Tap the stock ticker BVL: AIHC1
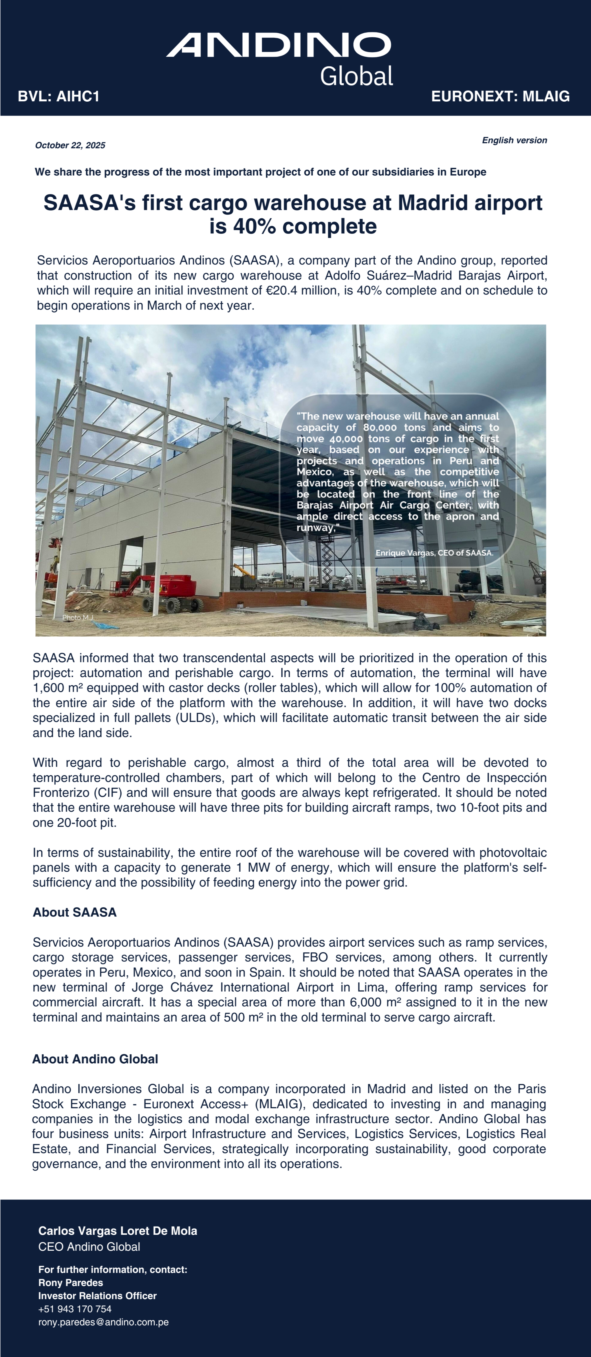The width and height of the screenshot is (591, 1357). (58, 96)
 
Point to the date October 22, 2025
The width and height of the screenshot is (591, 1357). (70, 145)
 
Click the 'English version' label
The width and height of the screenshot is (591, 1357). (514, 140)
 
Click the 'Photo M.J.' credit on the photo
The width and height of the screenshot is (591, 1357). (77, 617)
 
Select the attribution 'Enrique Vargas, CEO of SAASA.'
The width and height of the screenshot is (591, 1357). (434, 553)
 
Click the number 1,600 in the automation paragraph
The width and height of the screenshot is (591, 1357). (47, 688)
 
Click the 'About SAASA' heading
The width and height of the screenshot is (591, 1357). (74, 912)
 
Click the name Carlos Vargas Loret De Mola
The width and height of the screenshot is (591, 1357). (118, 1231)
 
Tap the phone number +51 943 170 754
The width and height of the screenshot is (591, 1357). (75, 1309)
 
